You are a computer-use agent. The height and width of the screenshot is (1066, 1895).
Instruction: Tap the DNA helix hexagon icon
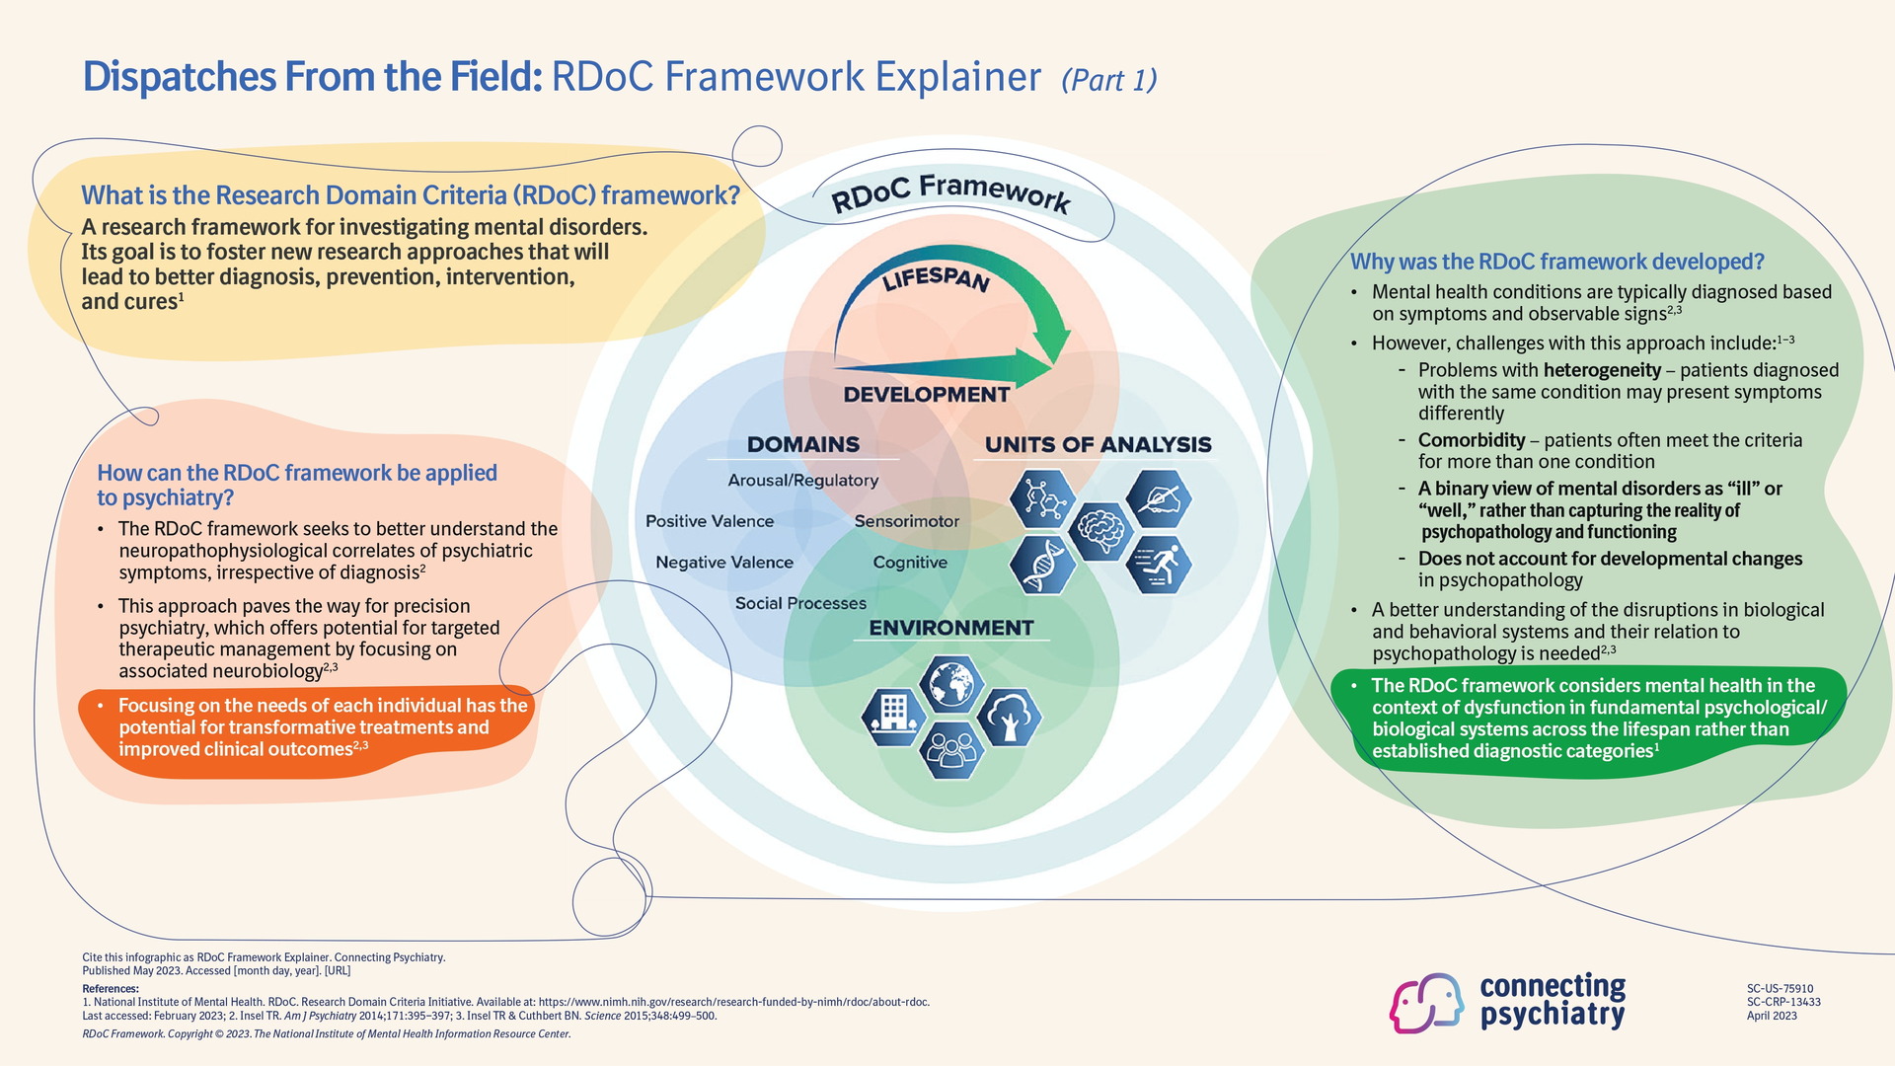1042,565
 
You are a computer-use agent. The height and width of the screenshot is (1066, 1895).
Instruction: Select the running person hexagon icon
1159,566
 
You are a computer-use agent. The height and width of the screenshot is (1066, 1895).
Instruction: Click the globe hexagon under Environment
950,683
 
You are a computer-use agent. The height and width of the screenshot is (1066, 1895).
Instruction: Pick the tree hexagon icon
1009,716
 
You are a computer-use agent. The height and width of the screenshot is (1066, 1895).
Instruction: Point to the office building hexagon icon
893,716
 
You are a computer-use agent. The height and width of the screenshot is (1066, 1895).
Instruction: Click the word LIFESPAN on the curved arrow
936,279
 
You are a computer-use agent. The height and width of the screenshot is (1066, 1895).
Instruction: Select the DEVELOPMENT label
926,395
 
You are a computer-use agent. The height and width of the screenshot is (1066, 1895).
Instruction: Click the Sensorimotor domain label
906,521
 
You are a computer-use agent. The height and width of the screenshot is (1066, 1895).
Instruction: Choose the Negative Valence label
724,563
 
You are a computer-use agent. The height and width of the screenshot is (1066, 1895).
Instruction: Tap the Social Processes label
800,603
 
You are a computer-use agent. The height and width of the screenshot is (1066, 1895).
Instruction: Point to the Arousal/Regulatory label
802,481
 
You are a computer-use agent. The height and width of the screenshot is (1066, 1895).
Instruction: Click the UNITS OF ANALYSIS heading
1098,445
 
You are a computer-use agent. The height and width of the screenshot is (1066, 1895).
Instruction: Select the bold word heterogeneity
1602,370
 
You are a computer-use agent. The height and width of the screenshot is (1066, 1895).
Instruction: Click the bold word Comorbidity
1472,440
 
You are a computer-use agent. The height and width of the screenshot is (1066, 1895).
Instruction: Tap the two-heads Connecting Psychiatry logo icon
1426,1002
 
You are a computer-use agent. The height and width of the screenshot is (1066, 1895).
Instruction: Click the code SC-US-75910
1780,988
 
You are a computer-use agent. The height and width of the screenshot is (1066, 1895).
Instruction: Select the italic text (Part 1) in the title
1108,80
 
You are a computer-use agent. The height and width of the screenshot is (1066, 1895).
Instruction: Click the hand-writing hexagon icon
1159,498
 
